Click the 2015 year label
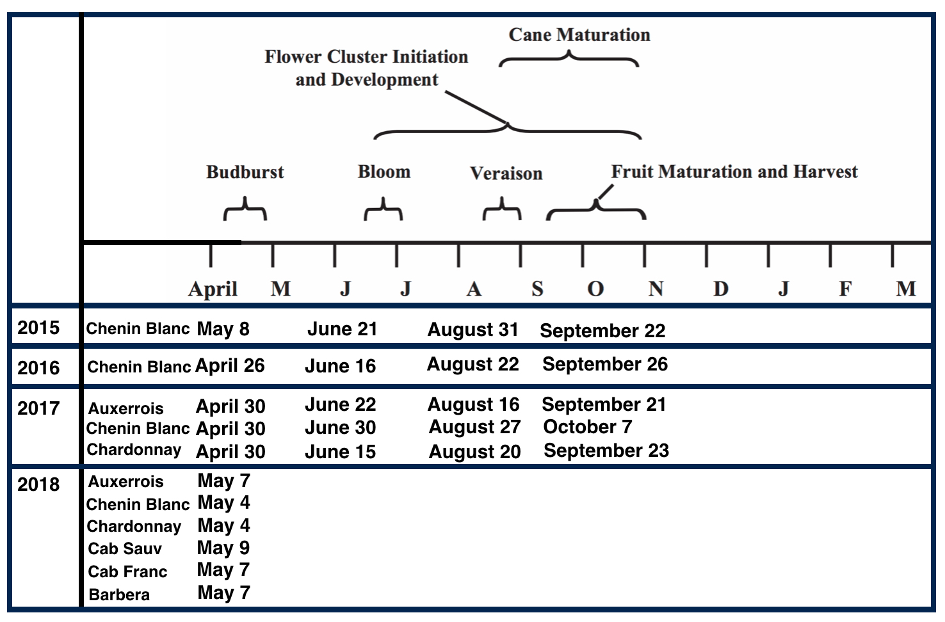click(x=38, y=328)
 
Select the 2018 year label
click(x=38, y=484)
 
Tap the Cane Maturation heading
click(x=579, y=35)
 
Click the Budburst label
click(x=245, y=172)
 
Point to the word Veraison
click(x=506, y=173)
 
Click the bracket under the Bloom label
click(x=384, y=212)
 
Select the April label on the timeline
click(x=213, y=289)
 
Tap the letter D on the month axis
click(x=720, y=289)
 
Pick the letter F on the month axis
click(x=845, y=289)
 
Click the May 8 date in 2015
click(x=223, y=329)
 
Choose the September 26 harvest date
click(x=604, y=364)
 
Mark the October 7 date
click(x=587, y=427)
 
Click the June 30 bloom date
click(x=340, y=427)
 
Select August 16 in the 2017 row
click(x=473, y=404)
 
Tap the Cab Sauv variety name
click(x=125, y=548)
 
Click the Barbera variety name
click(x=119, y=594)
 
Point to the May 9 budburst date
click(x=223, y=548)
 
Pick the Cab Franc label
click(x=127, y=571)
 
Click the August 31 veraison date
click(x=472, y=330)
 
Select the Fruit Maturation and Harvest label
click(x=734, y=171)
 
